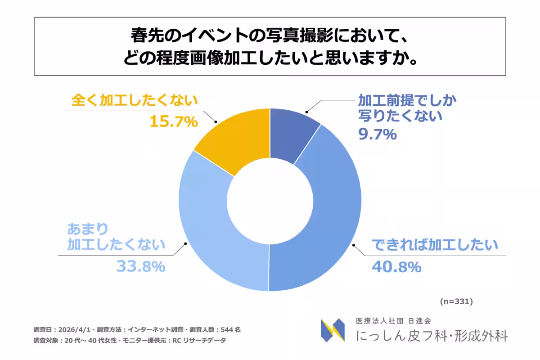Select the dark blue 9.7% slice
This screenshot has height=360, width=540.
pos(293,135)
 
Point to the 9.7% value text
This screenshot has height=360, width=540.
pos(377,134)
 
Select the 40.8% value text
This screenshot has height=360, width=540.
pos(396,267)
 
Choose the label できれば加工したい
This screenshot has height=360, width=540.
pos(435,246)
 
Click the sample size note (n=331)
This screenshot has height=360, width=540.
pos(456,301)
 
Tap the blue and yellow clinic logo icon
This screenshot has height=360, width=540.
pos(333,330)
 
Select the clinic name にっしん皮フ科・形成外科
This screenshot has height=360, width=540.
pos(432,336)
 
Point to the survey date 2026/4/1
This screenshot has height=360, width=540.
pos(72,329)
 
